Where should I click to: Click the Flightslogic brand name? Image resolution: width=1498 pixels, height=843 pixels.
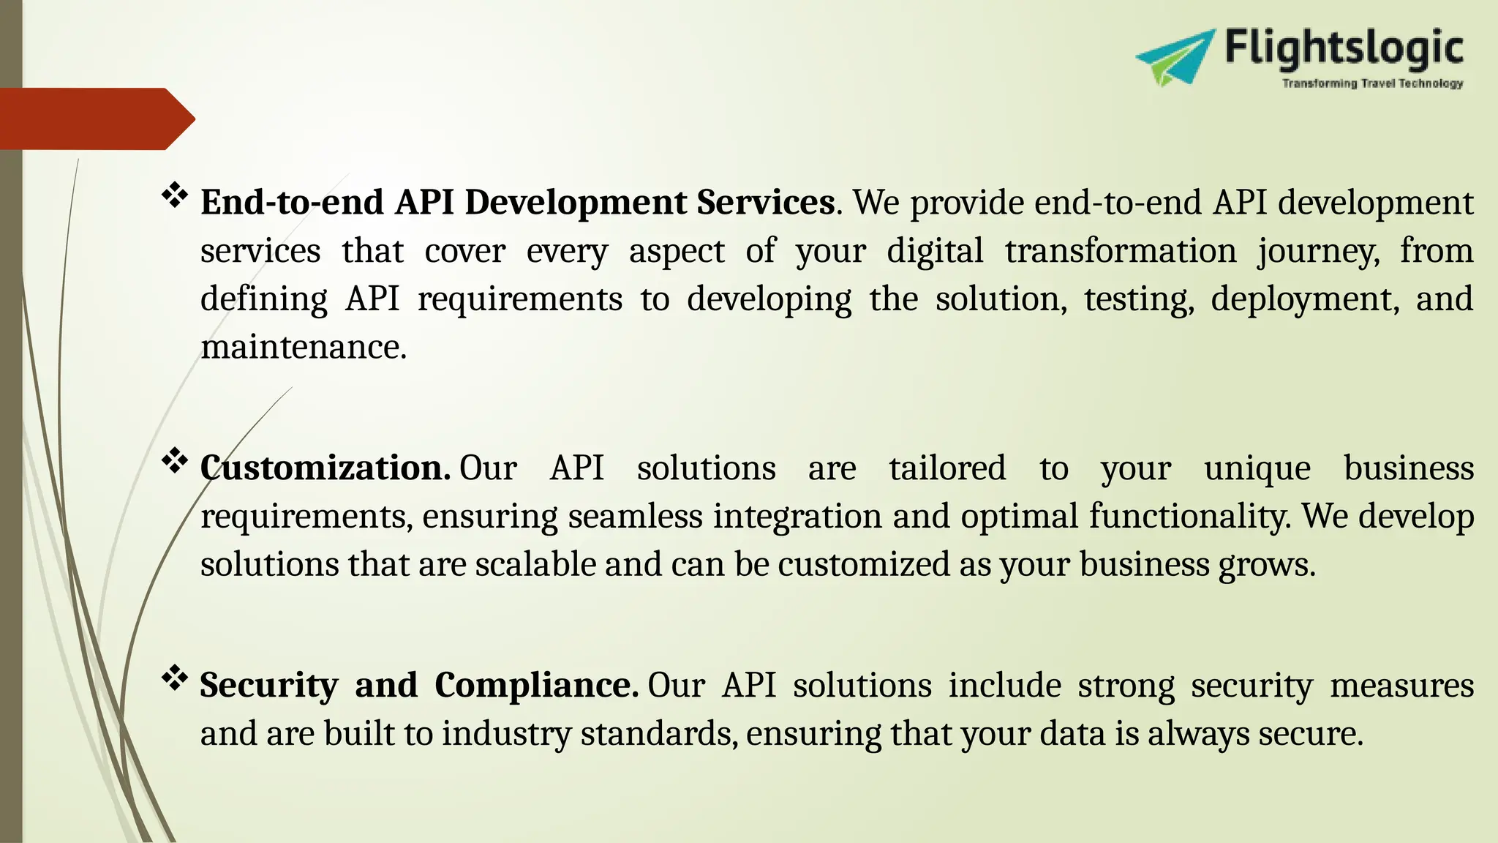[x=1344, y=49]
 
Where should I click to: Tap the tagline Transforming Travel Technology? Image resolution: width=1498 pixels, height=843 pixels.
[x=1372, y=83]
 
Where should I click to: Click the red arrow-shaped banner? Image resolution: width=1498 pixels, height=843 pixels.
[x=95, y=119]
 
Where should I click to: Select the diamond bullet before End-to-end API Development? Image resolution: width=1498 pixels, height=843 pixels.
[x=175, y=195]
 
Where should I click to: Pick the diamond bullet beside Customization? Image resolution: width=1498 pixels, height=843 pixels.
[x=175, y=462]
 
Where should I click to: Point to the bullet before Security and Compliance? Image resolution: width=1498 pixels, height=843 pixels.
[x=175, y=678]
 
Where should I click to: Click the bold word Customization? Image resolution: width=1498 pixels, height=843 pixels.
[x=325, y=468]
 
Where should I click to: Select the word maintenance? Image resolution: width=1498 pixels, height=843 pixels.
[x=303, y=347]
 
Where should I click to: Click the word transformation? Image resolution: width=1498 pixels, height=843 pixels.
[x=1120, y=251]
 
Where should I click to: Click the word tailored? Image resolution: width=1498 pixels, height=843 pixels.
[x=947, y=468]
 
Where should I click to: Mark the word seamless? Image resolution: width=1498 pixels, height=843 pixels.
[x=635, y=517]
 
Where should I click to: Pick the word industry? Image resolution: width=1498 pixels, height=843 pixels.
[x=505, y=734]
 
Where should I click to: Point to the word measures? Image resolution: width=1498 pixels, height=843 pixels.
[x=1401, y=686]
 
